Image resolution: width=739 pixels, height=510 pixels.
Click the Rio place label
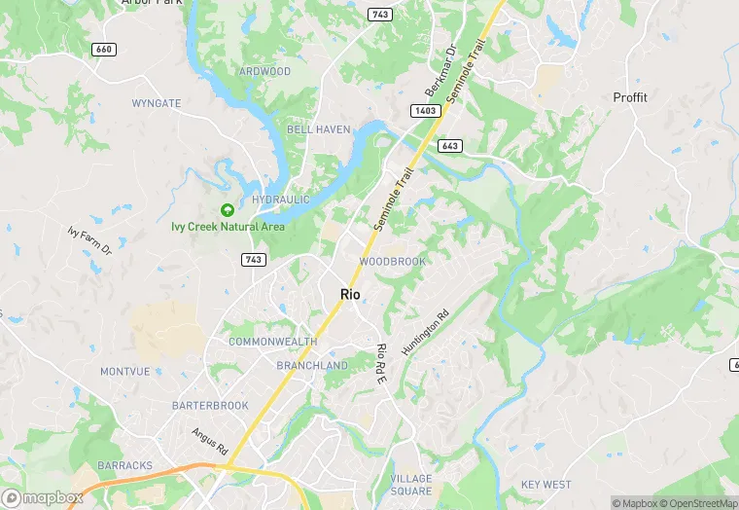pos(350,294)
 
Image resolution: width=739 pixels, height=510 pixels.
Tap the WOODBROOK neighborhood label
pos(392,262)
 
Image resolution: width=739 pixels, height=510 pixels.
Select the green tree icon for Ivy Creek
pos(228,209)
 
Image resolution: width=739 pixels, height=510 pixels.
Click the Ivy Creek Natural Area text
pos(228,227)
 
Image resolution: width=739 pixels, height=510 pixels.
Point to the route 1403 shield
pos(425,112)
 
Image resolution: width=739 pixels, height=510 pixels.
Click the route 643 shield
pos(449,146)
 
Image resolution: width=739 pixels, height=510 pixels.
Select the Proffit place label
pos(630,97)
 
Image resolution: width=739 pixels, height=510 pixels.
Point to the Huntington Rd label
pos(428,332)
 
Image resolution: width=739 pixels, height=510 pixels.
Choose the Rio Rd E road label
pos(381,363)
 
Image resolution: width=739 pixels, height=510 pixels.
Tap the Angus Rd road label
pos(209,442)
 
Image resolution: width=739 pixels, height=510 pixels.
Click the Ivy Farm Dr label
pos(90,241)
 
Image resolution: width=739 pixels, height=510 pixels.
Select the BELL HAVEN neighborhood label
pos(312,129)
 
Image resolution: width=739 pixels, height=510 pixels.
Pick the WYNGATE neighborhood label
pos(156,102)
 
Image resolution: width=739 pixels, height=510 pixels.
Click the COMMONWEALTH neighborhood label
pos(273,342)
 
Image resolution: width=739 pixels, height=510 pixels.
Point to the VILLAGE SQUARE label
pos(410,485)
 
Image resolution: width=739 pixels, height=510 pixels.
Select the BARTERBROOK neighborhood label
pos(210,405)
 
